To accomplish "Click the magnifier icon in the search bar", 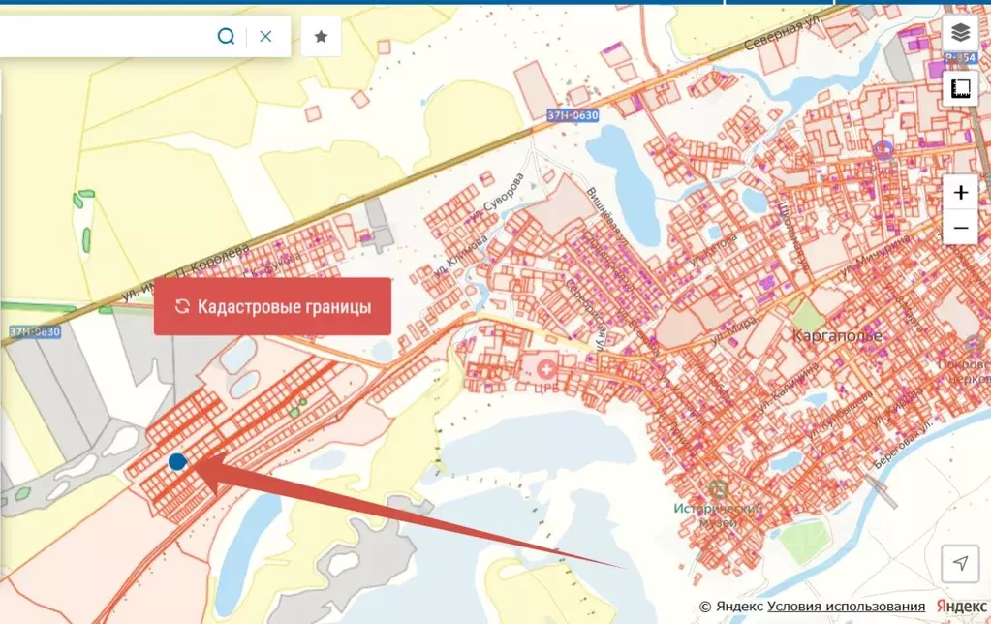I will click(x=226, y=36).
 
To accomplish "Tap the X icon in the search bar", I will click(x=265, y=36).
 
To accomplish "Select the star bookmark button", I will click(x=321, y=36).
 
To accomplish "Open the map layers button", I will click(x=960, y=32).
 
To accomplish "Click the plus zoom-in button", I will click(x=960, y=192).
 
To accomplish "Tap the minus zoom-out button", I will click(x=960, y=229).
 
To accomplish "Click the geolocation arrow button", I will click(x=959, y=563).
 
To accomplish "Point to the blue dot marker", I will click(x=177, y=462).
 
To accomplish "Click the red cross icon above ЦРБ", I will click(x=547, y=369).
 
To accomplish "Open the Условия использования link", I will click(x=846, y=607).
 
